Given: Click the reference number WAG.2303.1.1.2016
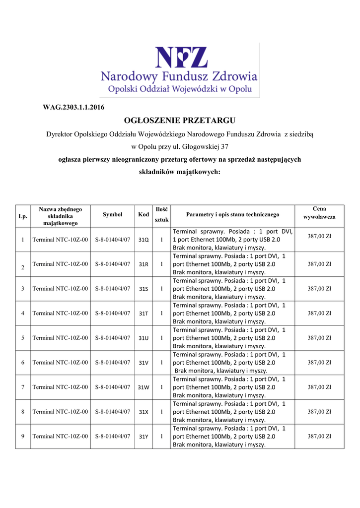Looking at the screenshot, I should point(73,107).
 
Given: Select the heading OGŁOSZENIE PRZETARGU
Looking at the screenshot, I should point(179,121).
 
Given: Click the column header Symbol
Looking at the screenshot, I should point(112,215).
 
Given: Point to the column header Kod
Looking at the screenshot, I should point(144,215).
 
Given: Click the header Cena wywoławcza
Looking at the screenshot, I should point(319,213).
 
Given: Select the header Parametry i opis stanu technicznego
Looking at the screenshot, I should point(232,215).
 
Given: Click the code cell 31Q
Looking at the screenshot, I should point(144,240).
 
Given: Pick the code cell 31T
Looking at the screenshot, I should point(144,314).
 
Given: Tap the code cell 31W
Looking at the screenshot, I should point(144,387).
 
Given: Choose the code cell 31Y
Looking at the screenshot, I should point(144,437).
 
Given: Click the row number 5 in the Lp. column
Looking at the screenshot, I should point(23,338).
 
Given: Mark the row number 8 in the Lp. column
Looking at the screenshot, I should point(23,412).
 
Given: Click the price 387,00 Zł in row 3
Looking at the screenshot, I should point(319,288).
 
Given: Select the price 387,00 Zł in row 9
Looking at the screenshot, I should point(319,436).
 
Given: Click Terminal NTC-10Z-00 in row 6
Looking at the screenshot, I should point(60,362).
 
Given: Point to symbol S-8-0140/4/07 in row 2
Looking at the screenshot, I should point(112,264).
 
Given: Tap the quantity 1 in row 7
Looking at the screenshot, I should point(161,387).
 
